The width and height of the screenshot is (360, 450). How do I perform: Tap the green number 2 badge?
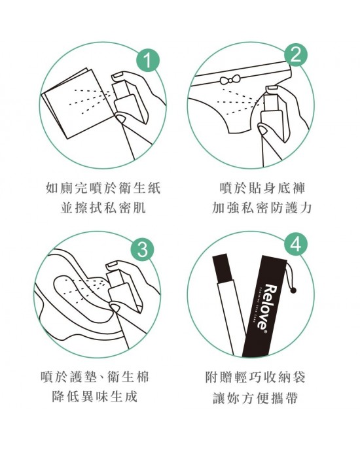click(296, 56)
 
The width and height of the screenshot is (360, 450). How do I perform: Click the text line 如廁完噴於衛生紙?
click(103, 189)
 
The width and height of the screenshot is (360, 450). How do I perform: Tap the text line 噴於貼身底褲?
click(262, 189)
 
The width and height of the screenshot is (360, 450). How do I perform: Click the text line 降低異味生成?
click(98, 398)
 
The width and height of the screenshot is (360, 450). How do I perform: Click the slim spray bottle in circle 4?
click(226, 307)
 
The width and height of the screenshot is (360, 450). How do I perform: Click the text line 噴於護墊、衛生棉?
click(98, 377)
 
